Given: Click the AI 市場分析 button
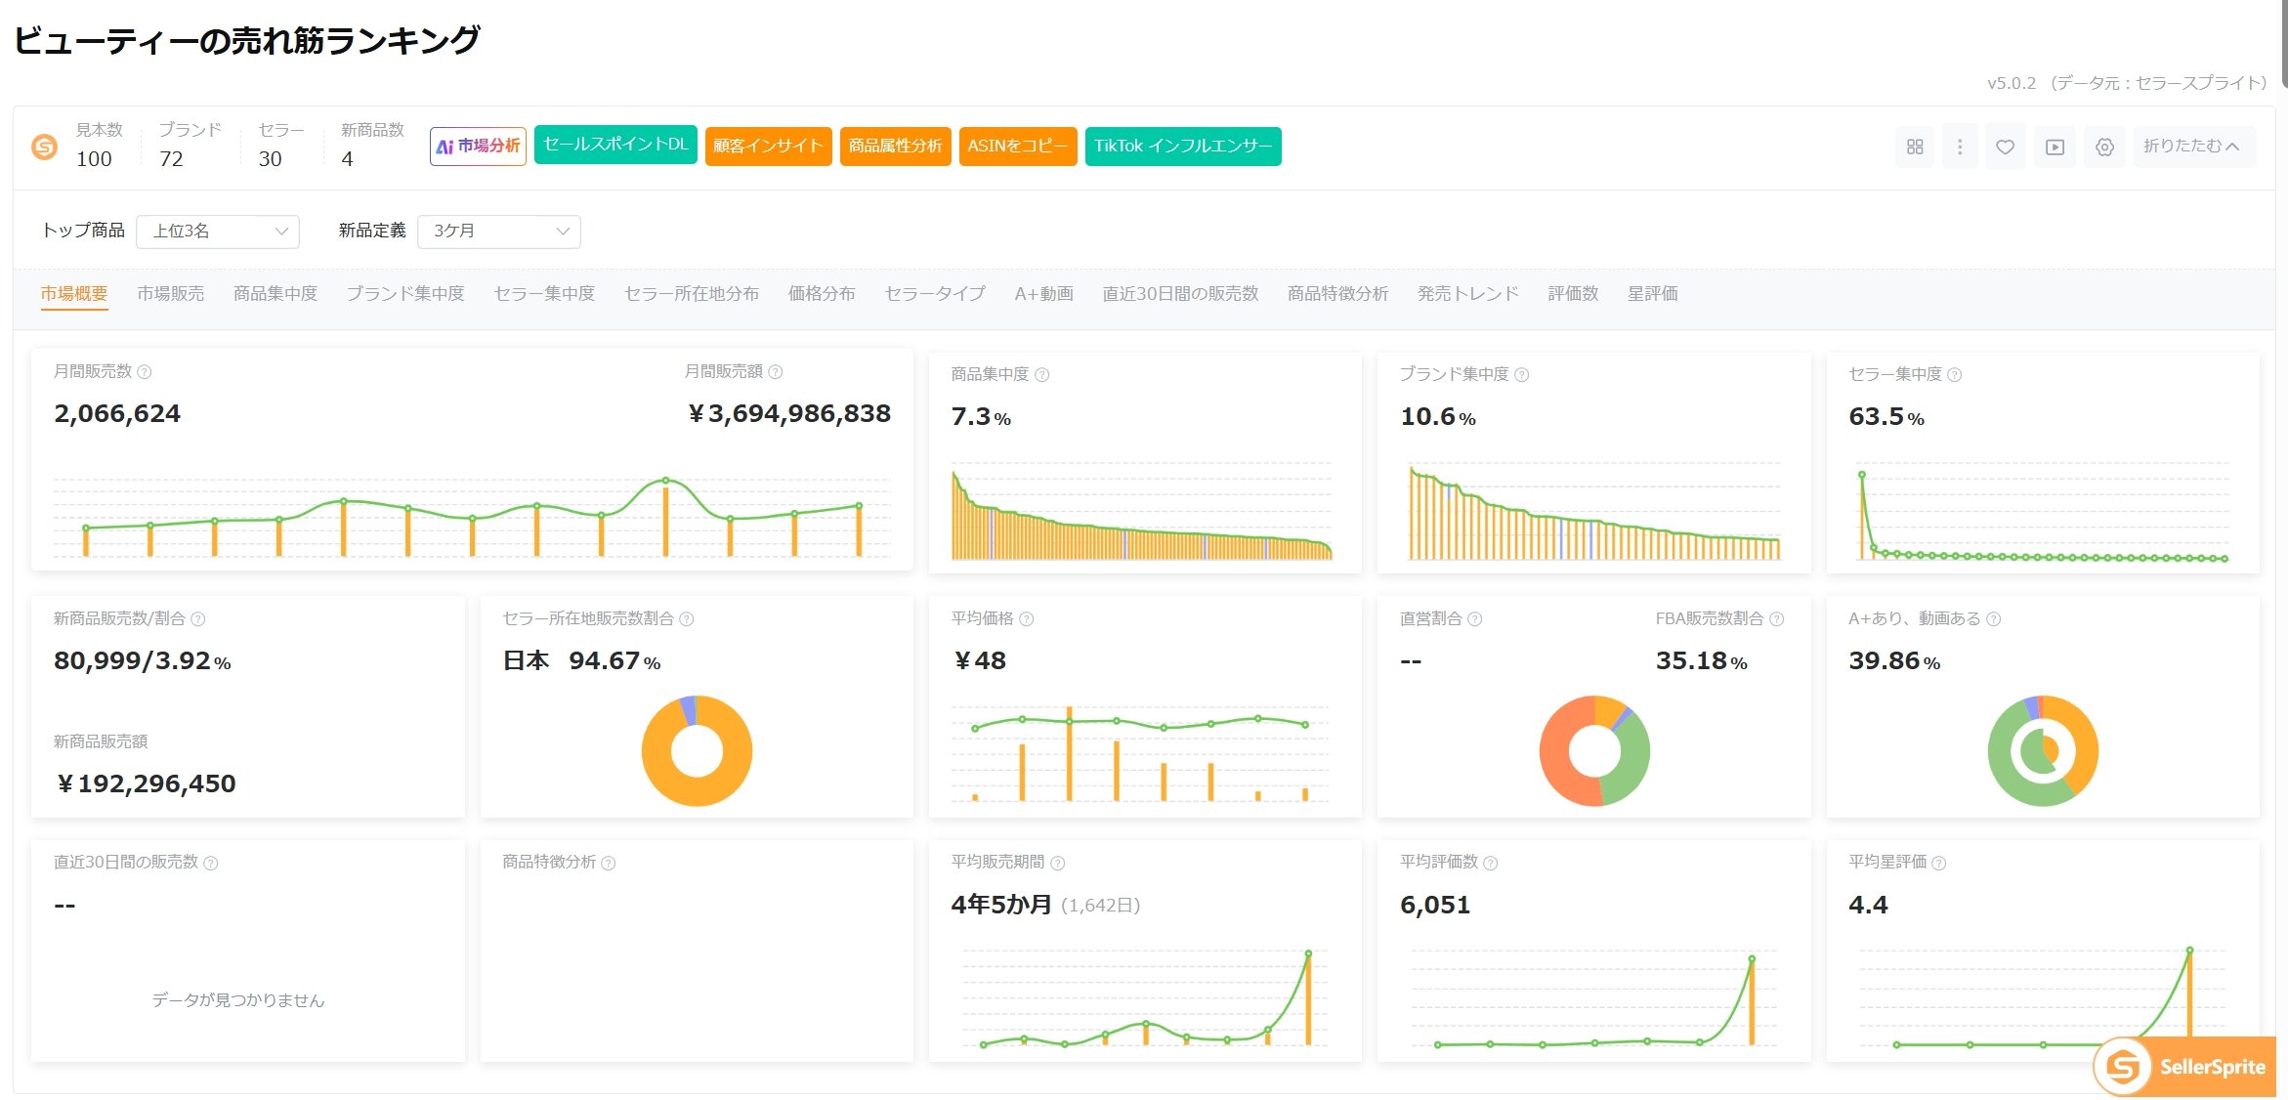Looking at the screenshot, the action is (478, 147).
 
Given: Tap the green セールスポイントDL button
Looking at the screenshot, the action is (615, 145).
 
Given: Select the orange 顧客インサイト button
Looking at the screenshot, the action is (768, 147).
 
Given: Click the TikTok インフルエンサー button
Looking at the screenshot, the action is (1183, 147).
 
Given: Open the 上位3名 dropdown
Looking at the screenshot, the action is (218, 232).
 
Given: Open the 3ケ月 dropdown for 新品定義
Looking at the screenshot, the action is (499, 232).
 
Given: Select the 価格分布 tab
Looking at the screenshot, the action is (822, 294).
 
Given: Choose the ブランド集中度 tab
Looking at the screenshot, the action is (405, 294).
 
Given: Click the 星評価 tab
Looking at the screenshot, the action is (1653, 294).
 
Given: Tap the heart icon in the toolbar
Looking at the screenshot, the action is (2005, 147).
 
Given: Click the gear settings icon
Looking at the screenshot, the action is (2105, 147).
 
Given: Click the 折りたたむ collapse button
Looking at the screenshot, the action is (2193, 147).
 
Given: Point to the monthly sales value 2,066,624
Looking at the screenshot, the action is (117, 414).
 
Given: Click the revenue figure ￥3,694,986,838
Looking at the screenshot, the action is (789, 414).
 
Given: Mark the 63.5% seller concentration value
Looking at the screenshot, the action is (1886, 417).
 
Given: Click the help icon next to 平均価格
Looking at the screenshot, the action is (1027, 619).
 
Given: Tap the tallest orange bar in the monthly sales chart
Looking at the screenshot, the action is (666, 519).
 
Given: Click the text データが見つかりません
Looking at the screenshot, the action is (238, 1000).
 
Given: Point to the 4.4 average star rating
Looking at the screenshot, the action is (1868, 905).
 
